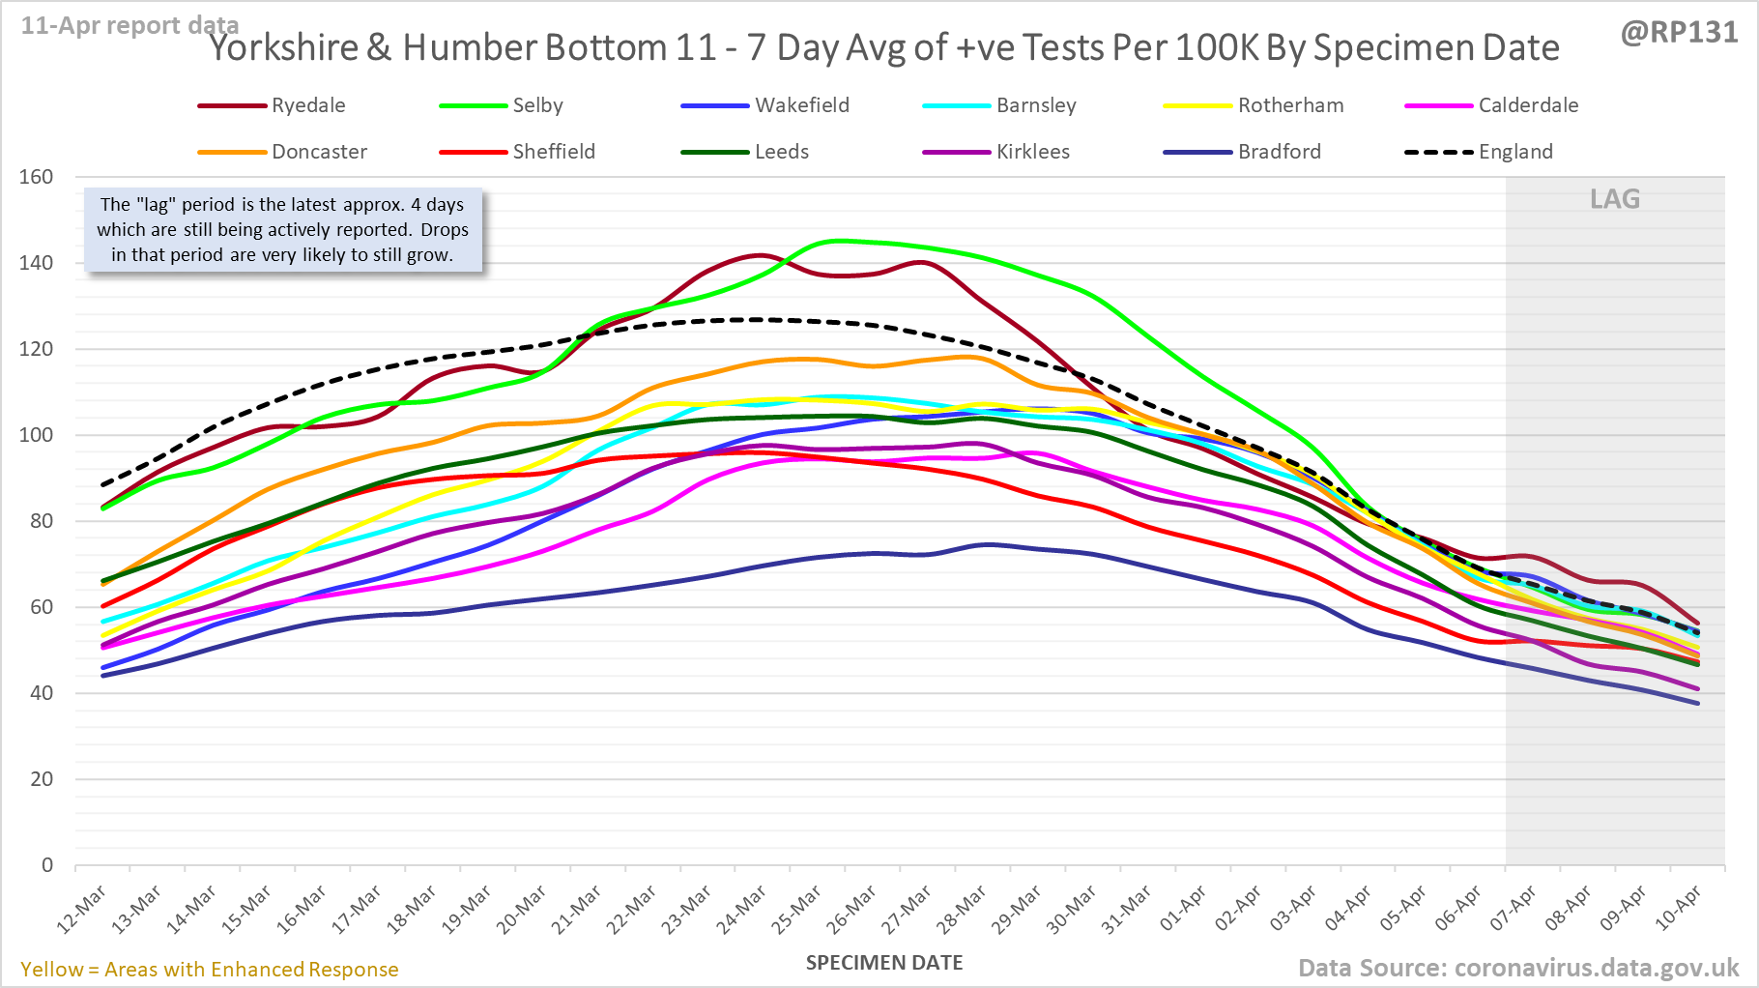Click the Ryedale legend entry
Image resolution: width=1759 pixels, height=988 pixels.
click(x=307, y=105)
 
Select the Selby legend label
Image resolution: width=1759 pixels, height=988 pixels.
click(x=537, y=105)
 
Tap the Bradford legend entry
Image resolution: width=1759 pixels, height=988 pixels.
click(x=1279, y=152)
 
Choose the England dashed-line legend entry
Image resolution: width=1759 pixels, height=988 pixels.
click(x=1514, y=152)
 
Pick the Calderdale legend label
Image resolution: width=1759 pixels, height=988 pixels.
click(x=1528, y=105)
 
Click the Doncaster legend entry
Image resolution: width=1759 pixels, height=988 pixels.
click(x=319, y=152)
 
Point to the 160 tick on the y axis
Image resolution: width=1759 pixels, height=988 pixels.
click(x=37, y=177)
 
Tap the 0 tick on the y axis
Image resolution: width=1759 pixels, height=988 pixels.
click(x=47, y=865)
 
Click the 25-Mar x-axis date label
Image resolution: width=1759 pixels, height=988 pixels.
click(x=798, y=910)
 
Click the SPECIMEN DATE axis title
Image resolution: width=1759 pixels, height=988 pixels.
click(x=884, y=963)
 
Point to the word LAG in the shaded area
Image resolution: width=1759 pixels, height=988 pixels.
click(x=1615, y=199)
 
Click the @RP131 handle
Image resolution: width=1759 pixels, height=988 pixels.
click(x=1679, y=33)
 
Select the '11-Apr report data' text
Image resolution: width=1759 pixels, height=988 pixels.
click(x=130, y=25)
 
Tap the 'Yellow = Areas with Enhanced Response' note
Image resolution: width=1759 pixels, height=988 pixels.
click(x=210, y=970)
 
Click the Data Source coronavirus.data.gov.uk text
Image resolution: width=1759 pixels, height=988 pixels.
click(x=1518, y=968)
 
